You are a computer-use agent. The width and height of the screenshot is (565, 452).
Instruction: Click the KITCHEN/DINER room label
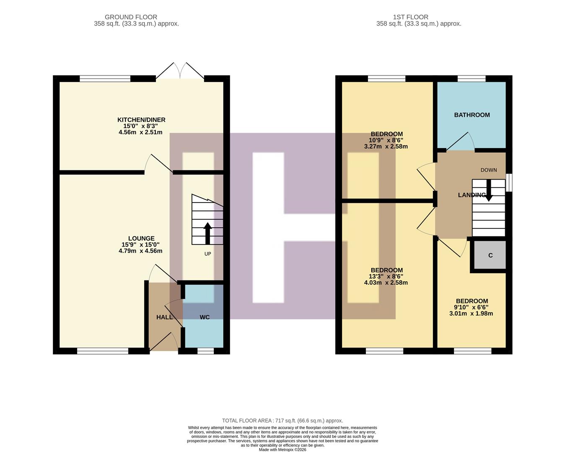[141, 120]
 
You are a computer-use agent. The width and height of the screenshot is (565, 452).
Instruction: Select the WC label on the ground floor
[205, 317]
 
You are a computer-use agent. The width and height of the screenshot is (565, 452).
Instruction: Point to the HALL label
[164, 317]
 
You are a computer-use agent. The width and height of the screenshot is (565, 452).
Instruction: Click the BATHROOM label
[472, 115]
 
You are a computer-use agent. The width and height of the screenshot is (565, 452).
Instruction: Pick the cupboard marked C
[490, 255]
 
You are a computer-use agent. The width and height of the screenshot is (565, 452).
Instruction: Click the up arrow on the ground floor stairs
[207, 233]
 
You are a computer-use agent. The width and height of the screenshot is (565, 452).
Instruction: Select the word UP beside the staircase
[207, 254]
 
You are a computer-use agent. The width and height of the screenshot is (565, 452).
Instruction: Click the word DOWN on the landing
[489, 170]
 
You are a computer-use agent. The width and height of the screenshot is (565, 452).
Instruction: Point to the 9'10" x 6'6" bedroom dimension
[472, 307]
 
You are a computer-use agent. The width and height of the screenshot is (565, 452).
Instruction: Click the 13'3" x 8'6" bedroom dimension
[386, 277]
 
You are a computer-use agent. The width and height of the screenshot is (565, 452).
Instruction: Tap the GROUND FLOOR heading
[131, 17]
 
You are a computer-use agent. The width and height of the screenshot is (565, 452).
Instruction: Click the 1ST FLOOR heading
[410, 17]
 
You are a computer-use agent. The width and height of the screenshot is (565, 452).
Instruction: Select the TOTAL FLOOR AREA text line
[282, 421]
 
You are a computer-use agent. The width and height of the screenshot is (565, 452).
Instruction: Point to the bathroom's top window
[472, 78]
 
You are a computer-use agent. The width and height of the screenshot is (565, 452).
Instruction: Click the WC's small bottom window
[205, 351]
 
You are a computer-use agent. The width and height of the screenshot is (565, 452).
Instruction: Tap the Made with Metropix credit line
[282, 449]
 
